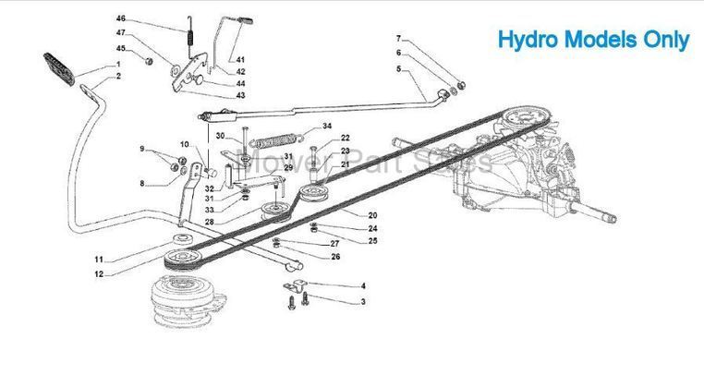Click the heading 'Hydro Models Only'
[x=593, y=41]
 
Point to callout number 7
[x=398, y=39]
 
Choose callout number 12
[x=98, y=274]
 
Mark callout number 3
[x=363, y=301]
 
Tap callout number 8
[x=142, y=184]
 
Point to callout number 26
[x=335, y=256]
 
